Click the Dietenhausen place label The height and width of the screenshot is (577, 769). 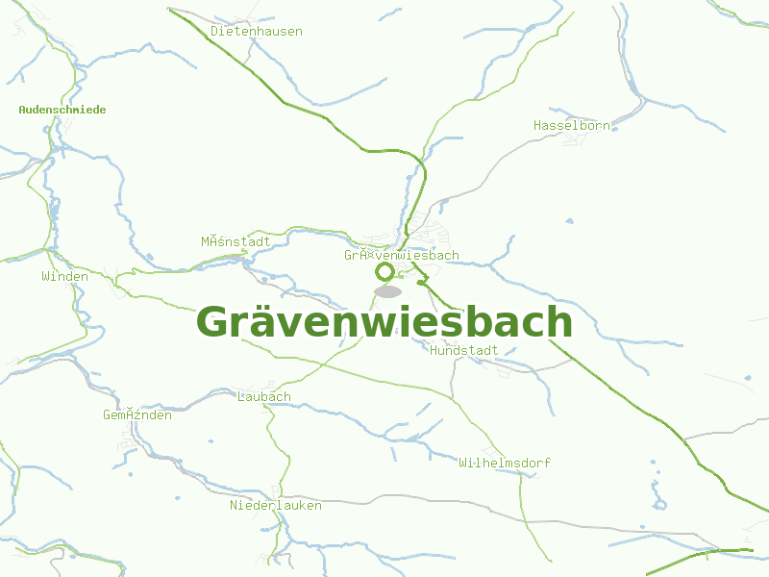tap(256, 31)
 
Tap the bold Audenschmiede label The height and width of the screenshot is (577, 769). tap(62, 110)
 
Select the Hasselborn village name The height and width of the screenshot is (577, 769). tap(571, 125)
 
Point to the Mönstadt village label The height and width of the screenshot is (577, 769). tap(236, 241)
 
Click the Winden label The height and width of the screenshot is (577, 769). tap(64, 277)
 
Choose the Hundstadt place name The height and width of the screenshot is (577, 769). tap(464, 350)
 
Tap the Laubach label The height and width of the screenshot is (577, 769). tap(263, 396)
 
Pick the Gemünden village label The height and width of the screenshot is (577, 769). tap(137, 414)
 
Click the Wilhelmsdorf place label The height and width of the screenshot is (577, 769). tap(505, 463)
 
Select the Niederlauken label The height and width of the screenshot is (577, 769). tap(275, 505)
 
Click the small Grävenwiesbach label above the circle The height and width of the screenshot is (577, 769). tap(402, 256)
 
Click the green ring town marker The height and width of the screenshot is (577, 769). tap(384, 272)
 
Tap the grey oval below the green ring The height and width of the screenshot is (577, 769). tap(387, 290)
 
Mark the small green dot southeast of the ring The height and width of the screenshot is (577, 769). tap(421, 283)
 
